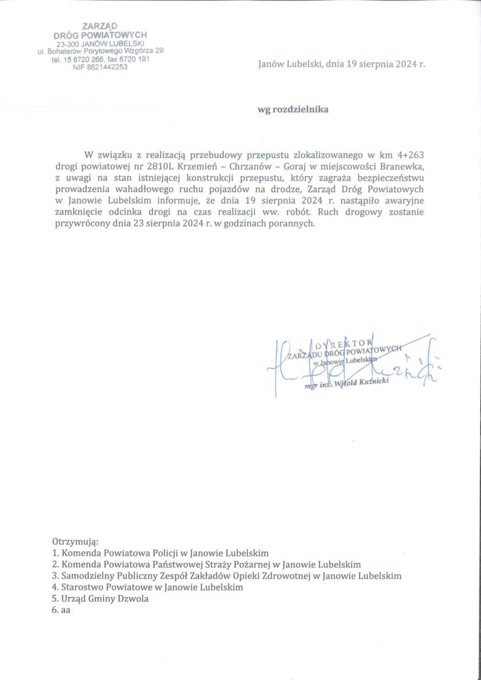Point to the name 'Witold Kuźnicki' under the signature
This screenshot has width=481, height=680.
click(x=361, y=385)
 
